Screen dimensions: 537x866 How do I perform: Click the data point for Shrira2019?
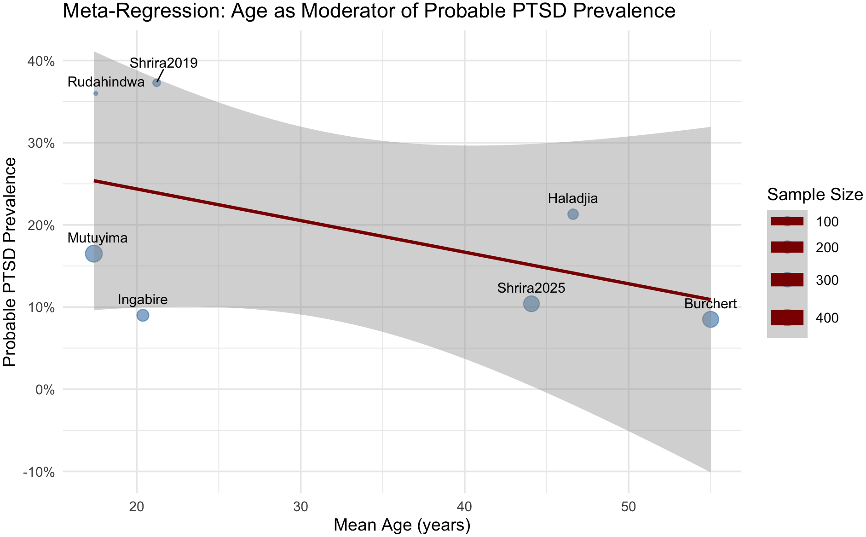coord(156,83)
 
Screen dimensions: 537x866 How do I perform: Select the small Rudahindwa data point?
coord(96,93)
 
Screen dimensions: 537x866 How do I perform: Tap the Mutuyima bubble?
coord(94,254)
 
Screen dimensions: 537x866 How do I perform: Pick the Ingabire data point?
coord(143,315)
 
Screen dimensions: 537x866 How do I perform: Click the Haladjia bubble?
coord(573,214)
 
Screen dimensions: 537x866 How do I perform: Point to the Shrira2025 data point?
coord(531,304)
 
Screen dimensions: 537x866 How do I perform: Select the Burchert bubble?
coord(710,319)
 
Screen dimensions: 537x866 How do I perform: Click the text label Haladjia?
coord(573,199)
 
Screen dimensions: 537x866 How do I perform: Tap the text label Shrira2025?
coord(531,289)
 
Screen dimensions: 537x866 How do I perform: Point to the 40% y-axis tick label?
coord(43,61)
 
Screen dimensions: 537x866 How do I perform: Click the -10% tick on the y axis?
coord(41,472)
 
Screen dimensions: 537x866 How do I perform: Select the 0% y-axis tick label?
coord(46,390)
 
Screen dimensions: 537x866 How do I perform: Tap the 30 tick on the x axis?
coord(300,506)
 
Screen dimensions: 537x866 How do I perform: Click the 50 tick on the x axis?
coord(629,506)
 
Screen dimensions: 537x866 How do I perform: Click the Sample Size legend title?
coord(814,195)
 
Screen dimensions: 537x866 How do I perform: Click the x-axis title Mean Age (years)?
coord(402,525)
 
